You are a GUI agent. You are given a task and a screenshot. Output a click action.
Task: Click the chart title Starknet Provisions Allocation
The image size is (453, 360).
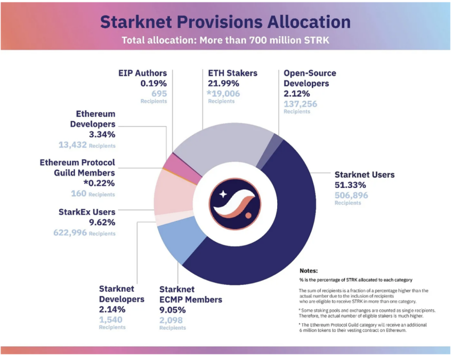[225, 21]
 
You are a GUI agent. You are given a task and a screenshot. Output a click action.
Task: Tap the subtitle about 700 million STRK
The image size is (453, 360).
[225, 40]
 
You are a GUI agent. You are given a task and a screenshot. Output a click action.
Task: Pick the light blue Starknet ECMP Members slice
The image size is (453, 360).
[173, 242]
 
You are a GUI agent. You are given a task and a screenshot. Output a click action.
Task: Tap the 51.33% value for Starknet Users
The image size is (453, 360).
[350, 185]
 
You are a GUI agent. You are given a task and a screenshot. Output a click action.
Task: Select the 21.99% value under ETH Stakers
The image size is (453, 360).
[224, 83]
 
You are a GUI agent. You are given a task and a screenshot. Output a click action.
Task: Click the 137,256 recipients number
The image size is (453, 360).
[300, 104]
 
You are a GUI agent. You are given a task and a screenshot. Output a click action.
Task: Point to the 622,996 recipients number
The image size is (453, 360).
[70, 233]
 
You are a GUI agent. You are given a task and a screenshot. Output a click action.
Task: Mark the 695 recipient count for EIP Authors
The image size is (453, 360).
[159, 93]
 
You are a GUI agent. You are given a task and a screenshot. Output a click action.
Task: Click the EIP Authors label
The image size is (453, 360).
[142, 73]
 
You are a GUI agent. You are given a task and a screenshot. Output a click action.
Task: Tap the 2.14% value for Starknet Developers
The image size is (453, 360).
[112, 309]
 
